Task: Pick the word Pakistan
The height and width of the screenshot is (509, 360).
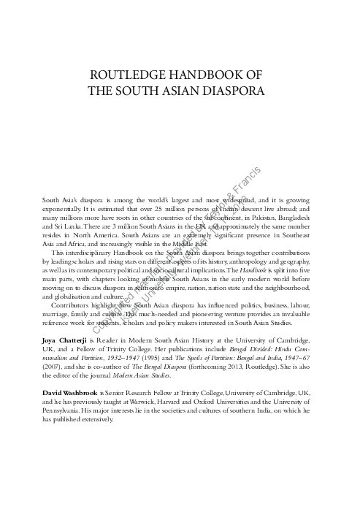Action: coord(256,218)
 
